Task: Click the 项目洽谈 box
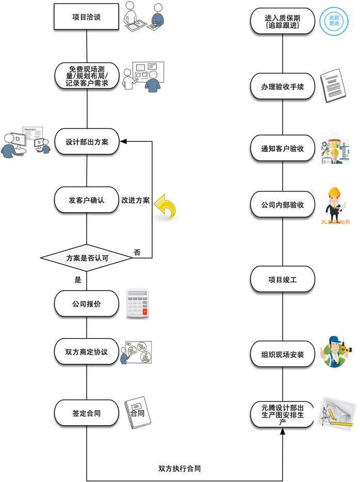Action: tap(87, 17)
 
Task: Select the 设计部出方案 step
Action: tap(87, 142)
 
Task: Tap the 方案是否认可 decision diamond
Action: tap(87, 257)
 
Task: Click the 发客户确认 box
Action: tap(87, 200)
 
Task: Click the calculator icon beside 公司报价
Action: tap(138, 304)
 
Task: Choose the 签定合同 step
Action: tap(87, 413)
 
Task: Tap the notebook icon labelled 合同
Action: tap(137, 413)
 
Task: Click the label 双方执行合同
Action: tap(179, 469)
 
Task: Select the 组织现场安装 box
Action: tap(283, 355)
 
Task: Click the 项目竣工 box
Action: tap(283, 280)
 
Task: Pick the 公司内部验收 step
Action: tap(283, 205)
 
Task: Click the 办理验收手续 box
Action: tap(283, 87)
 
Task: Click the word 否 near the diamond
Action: tap(137, 252)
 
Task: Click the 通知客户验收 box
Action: tap(283, 149)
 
